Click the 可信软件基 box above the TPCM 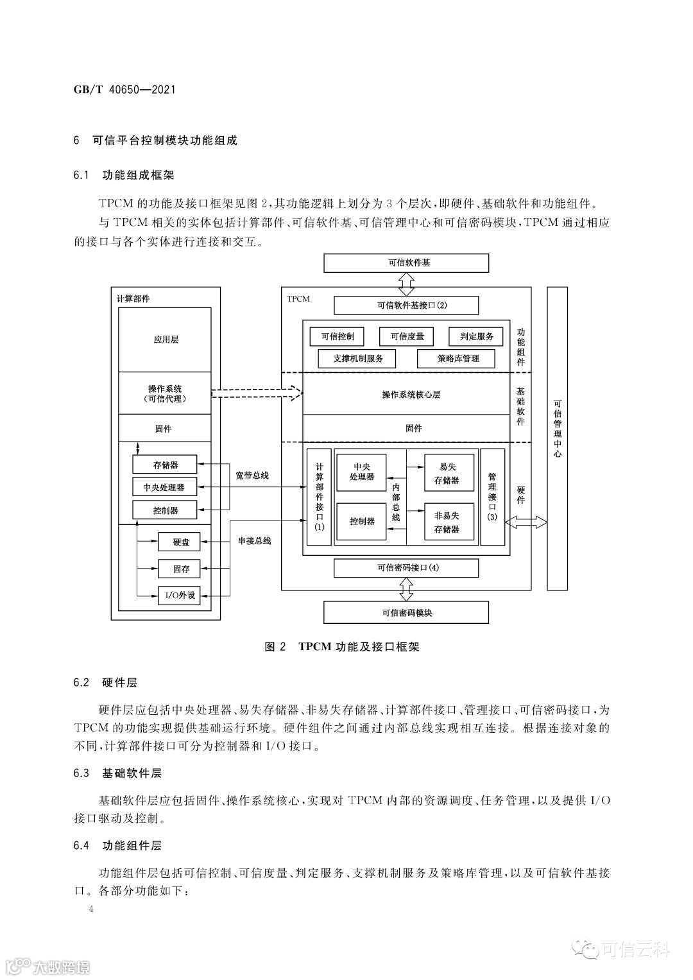[406, 263]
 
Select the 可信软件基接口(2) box [406, 305]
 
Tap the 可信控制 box [337, 336]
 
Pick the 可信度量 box [407, 336]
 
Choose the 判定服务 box [477, 336]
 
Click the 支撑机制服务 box [357, 358]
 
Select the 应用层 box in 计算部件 [166, 340]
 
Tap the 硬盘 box [179, 542]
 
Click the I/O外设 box [179, 595]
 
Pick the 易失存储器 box [449, 473]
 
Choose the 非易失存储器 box [449, 522]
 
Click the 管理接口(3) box [492, 497]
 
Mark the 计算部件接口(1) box [319, 497]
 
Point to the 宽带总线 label [252, 476]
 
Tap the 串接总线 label [254, 541]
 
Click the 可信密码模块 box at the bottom [406, 612]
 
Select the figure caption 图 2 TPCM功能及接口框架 [342, 647]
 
